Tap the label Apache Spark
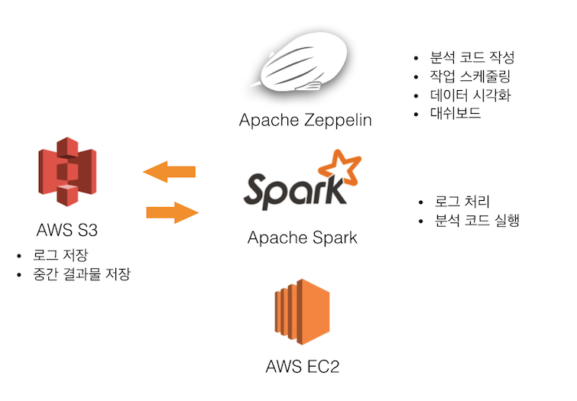[302, 238]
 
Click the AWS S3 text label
[67, 230]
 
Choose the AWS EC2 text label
[302, 367]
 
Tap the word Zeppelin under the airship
[329, 120]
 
